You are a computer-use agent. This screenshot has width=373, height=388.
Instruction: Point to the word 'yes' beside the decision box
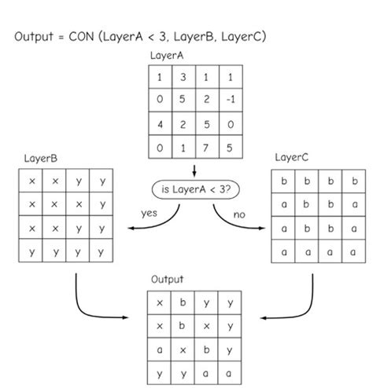[x=150, y=212]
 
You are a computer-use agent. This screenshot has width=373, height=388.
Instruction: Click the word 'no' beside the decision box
[x=239, y=212]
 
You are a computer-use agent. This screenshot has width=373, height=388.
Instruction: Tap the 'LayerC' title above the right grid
[x=292, y=158]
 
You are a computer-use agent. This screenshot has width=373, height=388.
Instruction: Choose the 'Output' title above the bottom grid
[x=167, y=279]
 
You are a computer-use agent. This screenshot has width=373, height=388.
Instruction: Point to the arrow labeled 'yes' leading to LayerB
[x=157, y=223]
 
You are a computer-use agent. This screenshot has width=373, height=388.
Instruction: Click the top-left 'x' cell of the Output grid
[x=160, y=302]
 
